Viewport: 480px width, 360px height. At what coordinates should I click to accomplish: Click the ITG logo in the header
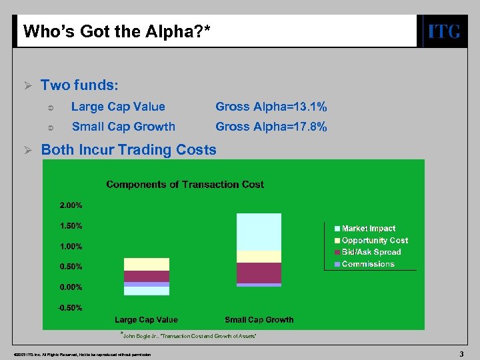[443, 31]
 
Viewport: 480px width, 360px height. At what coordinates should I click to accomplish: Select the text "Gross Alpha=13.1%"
[271, 107]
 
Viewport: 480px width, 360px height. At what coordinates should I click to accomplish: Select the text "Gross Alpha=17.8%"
[271, 127]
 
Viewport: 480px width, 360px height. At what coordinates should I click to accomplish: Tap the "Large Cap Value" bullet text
[118, 107]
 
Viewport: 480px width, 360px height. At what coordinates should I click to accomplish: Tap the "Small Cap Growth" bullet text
[123, 127]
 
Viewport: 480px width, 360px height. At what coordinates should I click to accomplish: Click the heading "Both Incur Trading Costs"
[129, 149]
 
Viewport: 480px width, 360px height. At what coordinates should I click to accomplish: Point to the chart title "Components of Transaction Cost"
[185, 184]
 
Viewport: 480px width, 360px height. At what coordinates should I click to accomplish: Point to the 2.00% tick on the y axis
[71, 205]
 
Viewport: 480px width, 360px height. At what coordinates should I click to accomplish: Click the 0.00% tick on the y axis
[71, 287]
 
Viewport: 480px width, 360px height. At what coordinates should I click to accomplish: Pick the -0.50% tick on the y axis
[71, 308]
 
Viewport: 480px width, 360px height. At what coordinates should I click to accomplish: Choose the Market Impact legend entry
[368, 229]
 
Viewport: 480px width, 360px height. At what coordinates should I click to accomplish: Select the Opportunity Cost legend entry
[375, 241]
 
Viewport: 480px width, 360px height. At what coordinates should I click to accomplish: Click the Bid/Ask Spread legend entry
[371, 252]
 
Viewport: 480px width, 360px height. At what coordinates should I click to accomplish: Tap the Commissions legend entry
[368, 264]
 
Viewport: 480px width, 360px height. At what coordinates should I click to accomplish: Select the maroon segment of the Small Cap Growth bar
[259, 273]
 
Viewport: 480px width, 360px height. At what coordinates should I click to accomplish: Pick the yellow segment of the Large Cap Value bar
[147, 264]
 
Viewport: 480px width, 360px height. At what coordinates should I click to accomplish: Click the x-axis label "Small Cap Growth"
[259, 320]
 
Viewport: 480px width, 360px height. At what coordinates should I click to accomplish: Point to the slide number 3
[461, 353]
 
